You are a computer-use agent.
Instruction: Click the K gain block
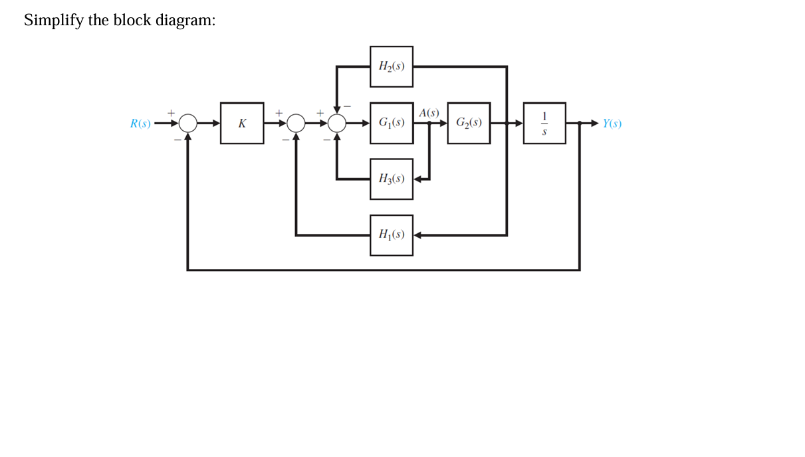pos(242,123)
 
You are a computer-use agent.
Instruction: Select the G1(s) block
pos(392,123)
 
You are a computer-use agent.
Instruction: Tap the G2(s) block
pos(469,123)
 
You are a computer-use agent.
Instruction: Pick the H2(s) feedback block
pos(392,66)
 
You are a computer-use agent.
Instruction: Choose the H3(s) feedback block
pos(392,179)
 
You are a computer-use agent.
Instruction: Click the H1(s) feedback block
pos(392,234)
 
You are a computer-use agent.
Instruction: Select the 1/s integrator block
pos(544,123)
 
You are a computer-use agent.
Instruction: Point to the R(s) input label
pos(140,124)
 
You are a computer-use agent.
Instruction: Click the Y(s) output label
pos(612,124)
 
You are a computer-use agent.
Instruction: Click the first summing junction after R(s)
pos(188,123)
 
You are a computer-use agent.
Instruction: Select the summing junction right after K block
pos(296,123)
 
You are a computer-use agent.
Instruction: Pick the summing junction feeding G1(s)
pos(337,123)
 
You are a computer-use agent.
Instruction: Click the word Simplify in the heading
pos(53,21)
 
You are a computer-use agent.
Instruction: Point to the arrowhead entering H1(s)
pos(418,234)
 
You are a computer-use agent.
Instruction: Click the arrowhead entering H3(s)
pos(418,179)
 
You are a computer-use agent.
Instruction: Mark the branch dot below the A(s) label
pos(429,123)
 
